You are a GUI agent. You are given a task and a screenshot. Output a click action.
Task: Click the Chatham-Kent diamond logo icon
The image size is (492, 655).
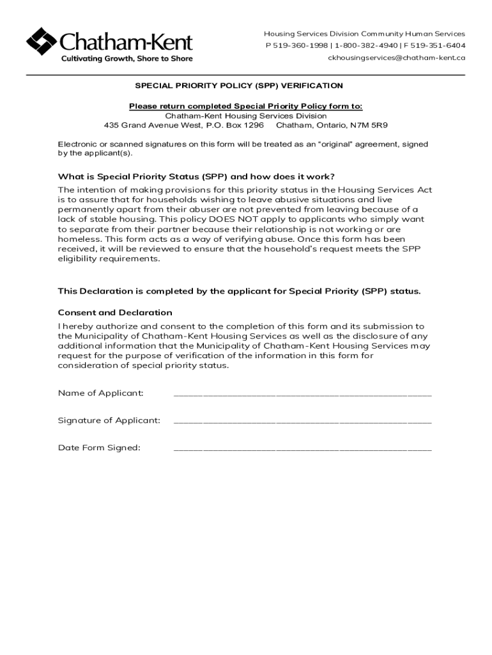click(42, 42)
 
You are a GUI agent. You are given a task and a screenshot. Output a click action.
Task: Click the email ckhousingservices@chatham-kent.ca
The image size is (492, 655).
click(396, 58)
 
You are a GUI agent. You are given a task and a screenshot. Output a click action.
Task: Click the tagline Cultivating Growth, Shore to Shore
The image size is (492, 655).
click(127, 59)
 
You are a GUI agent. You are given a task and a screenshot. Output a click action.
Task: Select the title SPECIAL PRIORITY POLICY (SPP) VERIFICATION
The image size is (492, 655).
click(238, 86)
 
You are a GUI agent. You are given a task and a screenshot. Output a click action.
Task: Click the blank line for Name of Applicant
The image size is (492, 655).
click(302, 394)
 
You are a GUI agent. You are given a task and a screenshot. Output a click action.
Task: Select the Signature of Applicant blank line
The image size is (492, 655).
click(302, 422)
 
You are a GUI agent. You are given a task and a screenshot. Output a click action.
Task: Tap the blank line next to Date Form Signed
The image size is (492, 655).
click(302, 449)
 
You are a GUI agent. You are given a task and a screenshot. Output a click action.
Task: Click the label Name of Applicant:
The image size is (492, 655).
click(101, 393)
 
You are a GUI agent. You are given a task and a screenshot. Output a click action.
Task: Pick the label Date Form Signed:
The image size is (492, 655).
click(99, 448)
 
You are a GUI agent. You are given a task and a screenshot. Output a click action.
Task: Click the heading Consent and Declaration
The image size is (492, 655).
click(115, 313)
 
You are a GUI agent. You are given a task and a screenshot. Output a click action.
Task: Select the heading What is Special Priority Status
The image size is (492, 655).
click(196, 177)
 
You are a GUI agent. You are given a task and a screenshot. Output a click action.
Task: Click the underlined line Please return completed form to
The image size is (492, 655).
click(246, 106)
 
